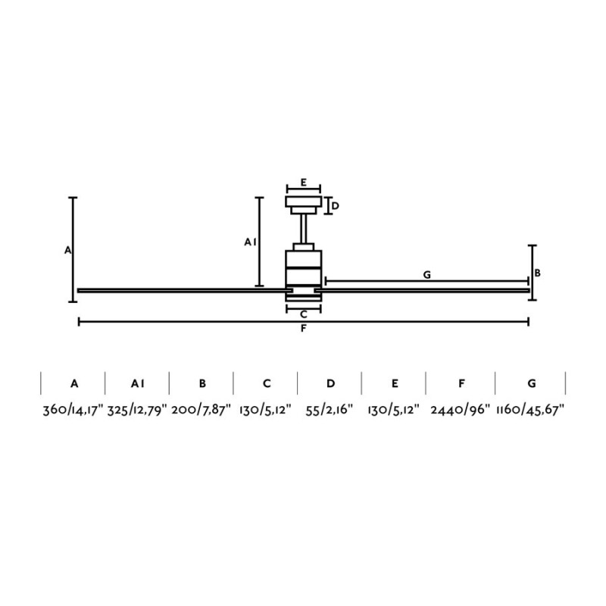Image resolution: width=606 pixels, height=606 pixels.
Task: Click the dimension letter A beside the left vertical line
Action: click(67, 250)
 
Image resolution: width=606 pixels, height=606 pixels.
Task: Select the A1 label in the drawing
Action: click(251, 242)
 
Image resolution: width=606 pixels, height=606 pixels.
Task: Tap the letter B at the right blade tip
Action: click(537, 273)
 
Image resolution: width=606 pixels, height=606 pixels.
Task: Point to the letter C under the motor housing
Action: click(303, 314)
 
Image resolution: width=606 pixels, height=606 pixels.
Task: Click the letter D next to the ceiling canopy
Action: click(335, 205)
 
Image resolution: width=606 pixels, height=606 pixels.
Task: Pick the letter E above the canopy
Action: click(303, 183)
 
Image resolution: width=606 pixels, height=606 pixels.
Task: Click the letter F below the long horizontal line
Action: click(303, 329)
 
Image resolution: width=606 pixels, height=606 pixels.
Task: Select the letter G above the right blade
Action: click(427, 275)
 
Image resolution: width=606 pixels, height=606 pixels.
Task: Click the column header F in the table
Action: click(461, 383)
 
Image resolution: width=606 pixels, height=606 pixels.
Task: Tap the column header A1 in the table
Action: click(137, 383)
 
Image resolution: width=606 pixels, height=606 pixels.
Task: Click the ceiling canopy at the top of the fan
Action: click(303, 202)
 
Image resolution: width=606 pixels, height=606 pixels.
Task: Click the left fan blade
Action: click(182, 289)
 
